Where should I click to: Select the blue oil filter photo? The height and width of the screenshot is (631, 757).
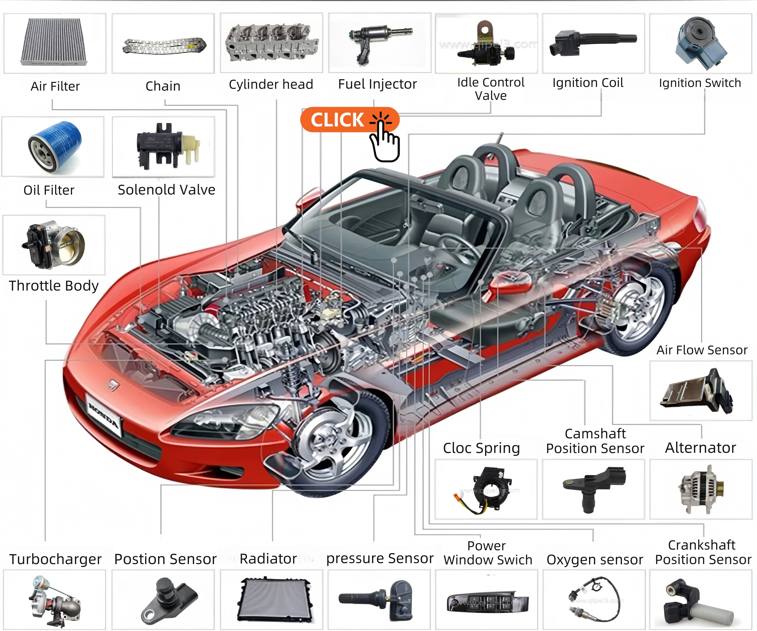54,146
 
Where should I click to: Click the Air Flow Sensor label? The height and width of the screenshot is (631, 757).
701,350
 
